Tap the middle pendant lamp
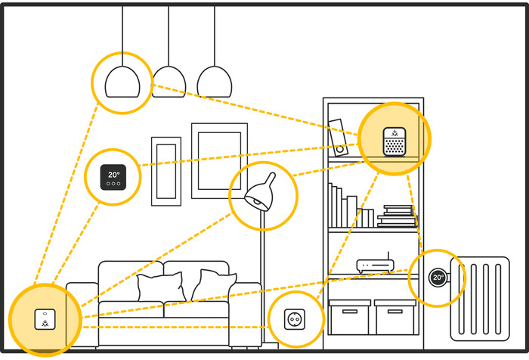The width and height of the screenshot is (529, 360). (169, 81)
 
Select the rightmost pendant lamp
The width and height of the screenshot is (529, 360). (214, 81)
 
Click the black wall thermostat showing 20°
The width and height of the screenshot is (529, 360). (113, 178)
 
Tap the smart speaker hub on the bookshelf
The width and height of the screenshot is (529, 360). (394, 139)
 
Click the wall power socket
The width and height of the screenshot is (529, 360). (296, 320)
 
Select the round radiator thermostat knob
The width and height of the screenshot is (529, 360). (438, 278)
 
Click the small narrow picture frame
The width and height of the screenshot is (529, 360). (166, 171)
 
